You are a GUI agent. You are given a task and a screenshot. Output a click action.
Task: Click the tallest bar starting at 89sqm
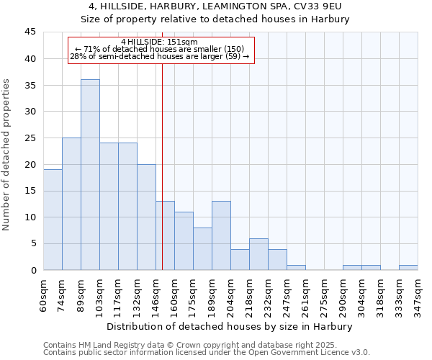pyautogui.click(x=90, y=175)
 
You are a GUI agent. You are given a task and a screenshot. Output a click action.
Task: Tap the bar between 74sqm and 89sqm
pyautogui.click(x=71, y=204)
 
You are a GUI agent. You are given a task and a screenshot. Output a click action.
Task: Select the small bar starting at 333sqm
pyautogui.click(x=408, y=268)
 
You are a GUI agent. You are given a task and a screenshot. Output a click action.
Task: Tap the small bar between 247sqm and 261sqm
pyautogui.click(x=296, y=268)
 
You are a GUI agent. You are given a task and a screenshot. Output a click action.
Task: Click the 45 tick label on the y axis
pyautogui.click(x=30, y=32)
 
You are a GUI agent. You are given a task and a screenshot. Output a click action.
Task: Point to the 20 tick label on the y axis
pyautogui.click(x=30, y=164)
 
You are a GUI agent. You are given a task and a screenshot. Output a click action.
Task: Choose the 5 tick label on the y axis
pyautogui.click(x=32, y=244)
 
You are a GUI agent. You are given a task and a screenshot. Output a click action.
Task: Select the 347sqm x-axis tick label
pyautogui.click(x=418, y=294)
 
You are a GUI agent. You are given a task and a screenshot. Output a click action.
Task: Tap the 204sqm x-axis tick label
pyautogui.click(x=230, y=294)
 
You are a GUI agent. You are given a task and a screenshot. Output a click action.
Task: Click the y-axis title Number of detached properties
pyautogui.click(x=7, y=155)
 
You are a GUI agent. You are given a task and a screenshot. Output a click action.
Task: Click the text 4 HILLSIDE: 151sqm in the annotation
pyautogui.click(x=159, y=42)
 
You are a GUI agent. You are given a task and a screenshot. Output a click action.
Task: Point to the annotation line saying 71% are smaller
pyautogui.click(x=159, y=49)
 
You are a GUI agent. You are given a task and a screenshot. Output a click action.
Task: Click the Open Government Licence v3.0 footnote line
pyautogui.click(x=207, y=353)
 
